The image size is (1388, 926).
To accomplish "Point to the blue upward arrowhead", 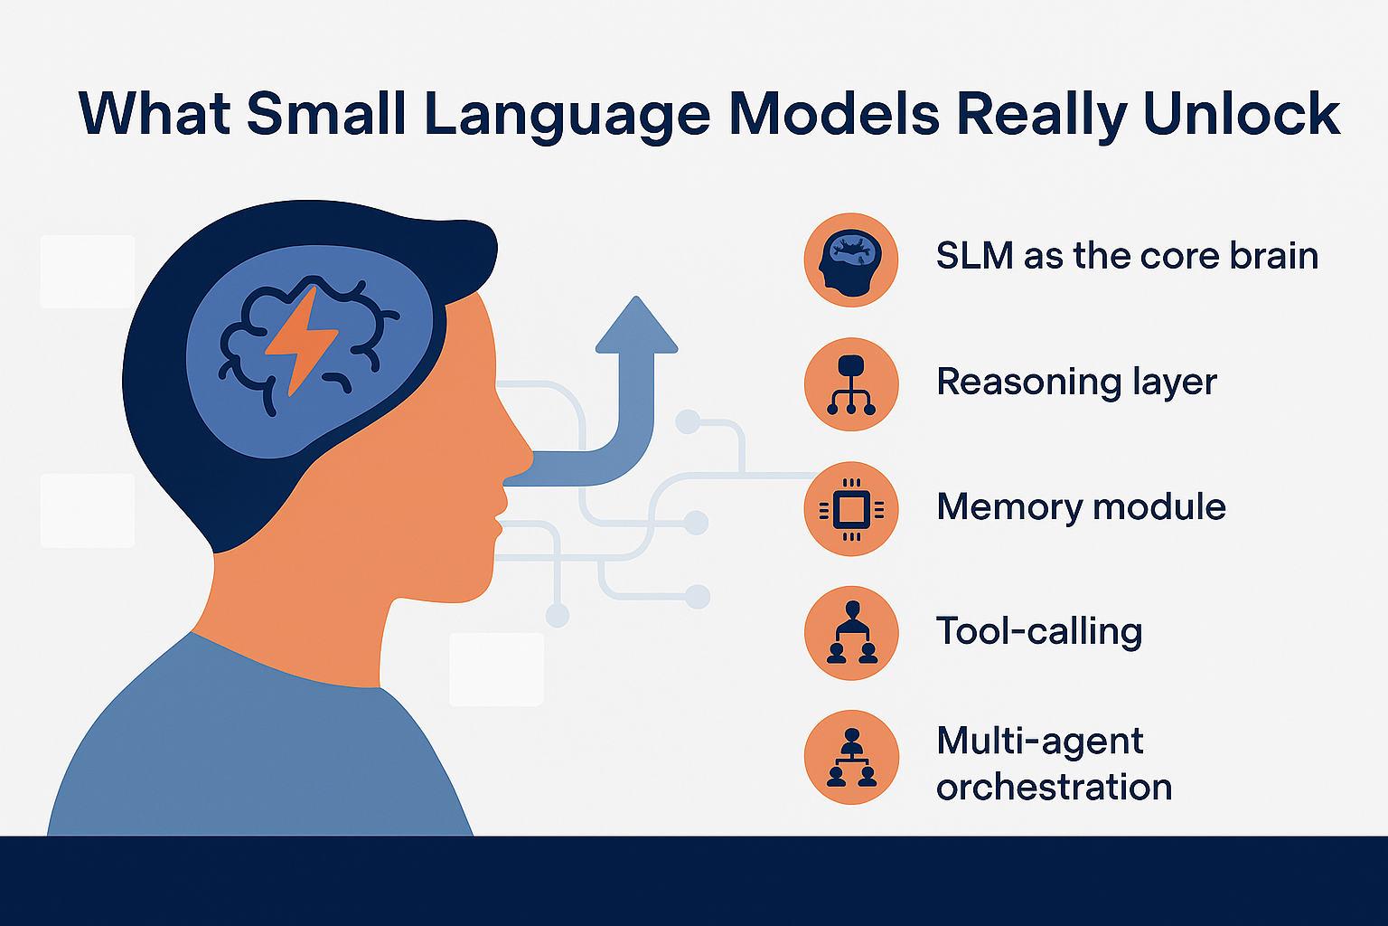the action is tap(636, 326).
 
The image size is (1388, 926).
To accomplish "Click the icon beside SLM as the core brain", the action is tap(850, 260).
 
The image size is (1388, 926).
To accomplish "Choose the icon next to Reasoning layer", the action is tap(850, 383).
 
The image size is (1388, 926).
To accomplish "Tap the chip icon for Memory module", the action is tap(850, 508).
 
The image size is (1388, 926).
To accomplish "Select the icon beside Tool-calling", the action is tap(850, 633).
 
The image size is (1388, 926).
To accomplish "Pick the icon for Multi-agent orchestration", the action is tap(850, 758).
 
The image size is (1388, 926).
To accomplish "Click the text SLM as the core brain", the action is tap(1127, 256).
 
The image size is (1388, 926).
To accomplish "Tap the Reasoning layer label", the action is tap(1076, 382).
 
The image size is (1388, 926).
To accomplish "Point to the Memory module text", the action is tap(1081, 506).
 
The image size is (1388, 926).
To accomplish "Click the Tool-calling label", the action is tap(1039, 631).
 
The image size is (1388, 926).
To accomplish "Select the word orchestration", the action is tap(1054, 787).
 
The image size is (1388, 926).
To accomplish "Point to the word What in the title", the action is tap(153, 115).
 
